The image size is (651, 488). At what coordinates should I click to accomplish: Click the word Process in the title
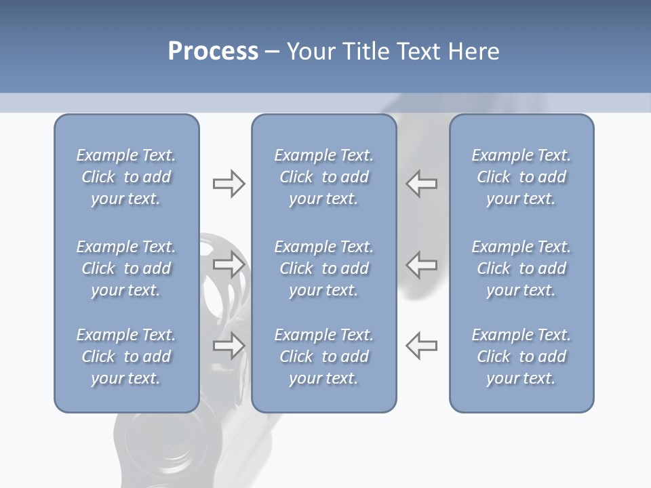(x=213, y=52)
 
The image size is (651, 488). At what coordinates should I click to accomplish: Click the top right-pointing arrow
(x=229, y=184)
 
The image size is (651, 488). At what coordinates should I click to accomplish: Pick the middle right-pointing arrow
(x=229, y=264)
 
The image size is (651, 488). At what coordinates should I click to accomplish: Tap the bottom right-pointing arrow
(x=229, y=346)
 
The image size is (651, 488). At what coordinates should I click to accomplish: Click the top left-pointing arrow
(x=421, y=184)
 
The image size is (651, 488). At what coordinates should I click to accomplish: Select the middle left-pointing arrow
(x=421, y=264)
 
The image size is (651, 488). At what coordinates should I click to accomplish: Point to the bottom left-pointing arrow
(x=421, y=346)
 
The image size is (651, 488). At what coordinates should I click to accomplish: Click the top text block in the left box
(x=126, y=177)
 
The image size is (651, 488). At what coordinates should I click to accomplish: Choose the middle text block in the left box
(x=126, y=268)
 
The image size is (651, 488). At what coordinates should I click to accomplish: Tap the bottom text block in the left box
(x=126, y=357)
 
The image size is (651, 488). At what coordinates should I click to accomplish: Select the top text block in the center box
(x=323, y=177)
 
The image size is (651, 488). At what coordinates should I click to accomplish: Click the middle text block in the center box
(x=323, y=268)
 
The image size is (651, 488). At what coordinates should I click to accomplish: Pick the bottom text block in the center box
(x=323, y=357)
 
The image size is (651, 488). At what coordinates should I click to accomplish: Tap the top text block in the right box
(x=521, y=177)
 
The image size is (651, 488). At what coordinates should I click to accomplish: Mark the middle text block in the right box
(x=521, y=268)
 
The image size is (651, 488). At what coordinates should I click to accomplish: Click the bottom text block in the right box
(x=521, y=357)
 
